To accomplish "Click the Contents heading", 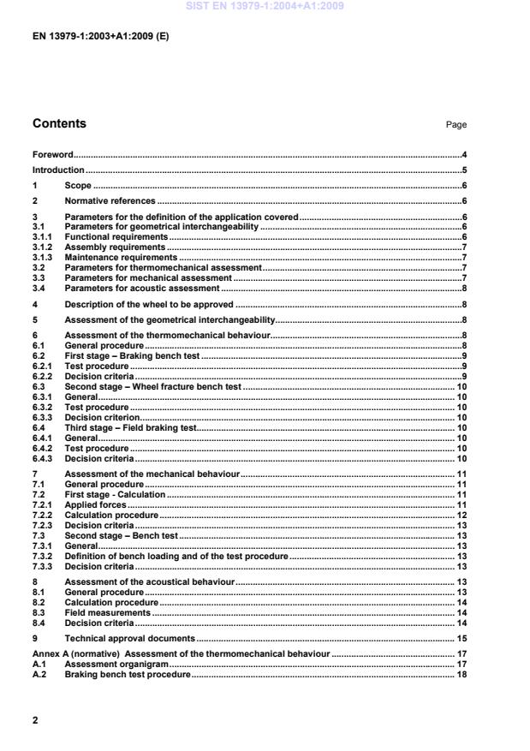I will (59, 123).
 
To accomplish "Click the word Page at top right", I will (456, 125).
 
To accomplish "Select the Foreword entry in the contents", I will (52, 155).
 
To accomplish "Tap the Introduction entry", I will (58, 170).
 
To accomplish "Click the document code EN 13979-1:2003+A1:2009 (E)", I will (100, 38).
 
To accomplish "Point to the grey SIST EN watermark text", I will (265, 7).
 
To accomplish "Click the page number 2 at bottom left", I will (35, 720).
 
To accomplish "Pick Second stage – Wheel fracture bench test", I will (153, 387).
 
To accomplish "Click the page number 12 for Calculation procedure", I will (461, 516).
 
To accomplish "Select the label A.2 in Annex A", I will (39, 675).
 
